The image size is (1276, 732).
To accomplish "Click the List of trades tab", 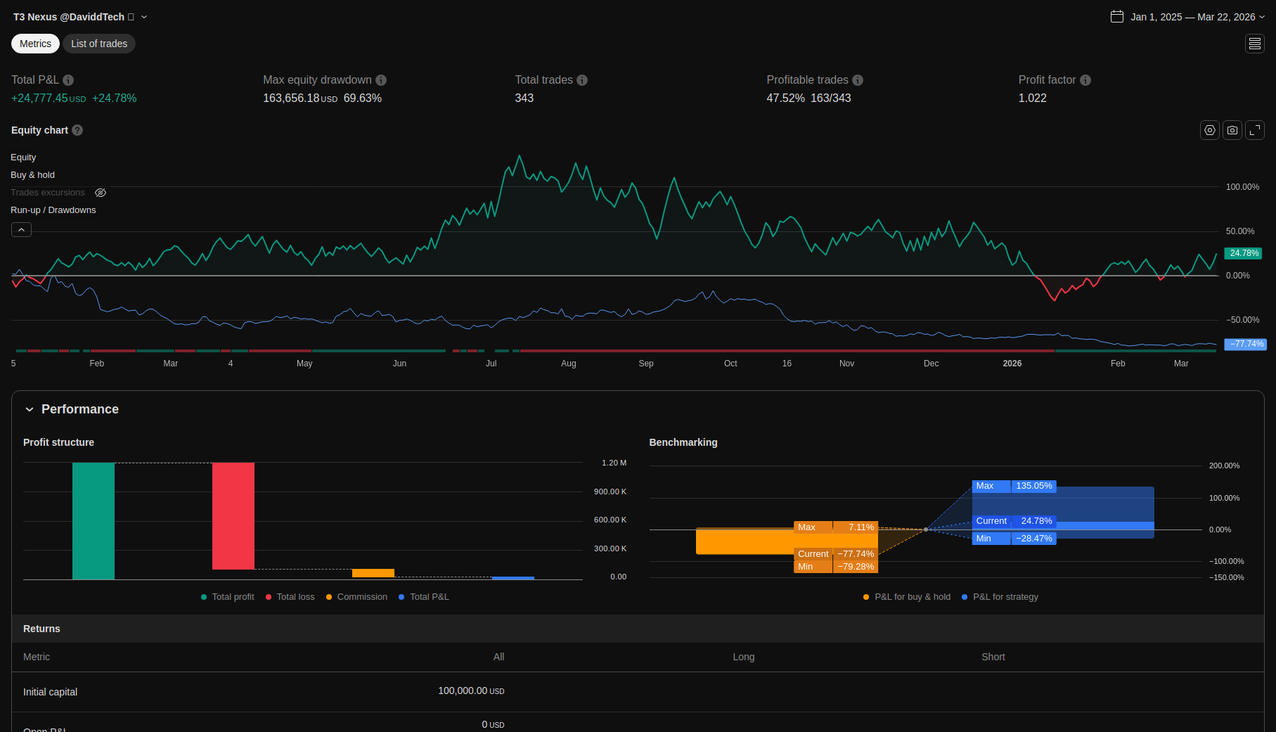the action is [x=99, y=44].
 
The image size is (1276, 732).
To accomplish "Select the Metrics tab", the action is [x=35, y=44].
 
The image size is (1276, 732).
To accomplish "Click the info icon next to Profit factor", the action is [x=1085, y=80].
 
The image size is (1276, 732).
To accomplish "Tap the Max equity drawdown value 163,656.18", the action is [x=291, y=98].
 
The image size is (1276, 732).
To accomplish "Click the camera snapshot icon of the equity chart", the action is [x=1232, y=130].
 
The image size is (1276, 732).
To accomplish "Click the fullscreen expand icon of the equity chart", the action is [x=1255, y=130].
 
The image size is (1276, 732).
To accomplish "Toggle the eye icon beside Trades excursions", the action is [x=101, y=193].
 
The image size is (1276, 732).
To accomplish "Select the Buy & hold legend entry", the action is [x=32, y=175].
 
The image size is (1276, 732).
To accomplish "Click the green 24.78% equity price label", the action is [x=1244, y=253].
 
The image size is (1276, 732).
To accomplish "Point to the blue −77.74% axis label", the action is [x=1245, y=344].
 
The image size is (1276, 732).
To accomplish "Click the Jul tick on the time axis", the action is [x=491, y=364].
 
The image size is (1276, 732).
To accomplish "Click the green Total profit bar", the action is [x=94, y=521].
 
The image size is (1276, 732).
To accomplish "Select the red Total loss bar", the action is [x=233, y=516].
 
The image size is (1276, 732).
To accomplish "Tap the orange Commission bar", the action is [x=373, y=573].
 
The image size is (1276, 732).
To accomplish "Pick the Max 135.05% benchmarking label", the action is [x=1014, y=486].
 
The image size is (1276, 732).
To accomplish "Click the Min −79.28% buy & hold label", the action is [x=836, y=567].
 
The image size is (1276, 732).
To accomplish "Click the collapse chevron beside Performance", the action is [x=30, y=409].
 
